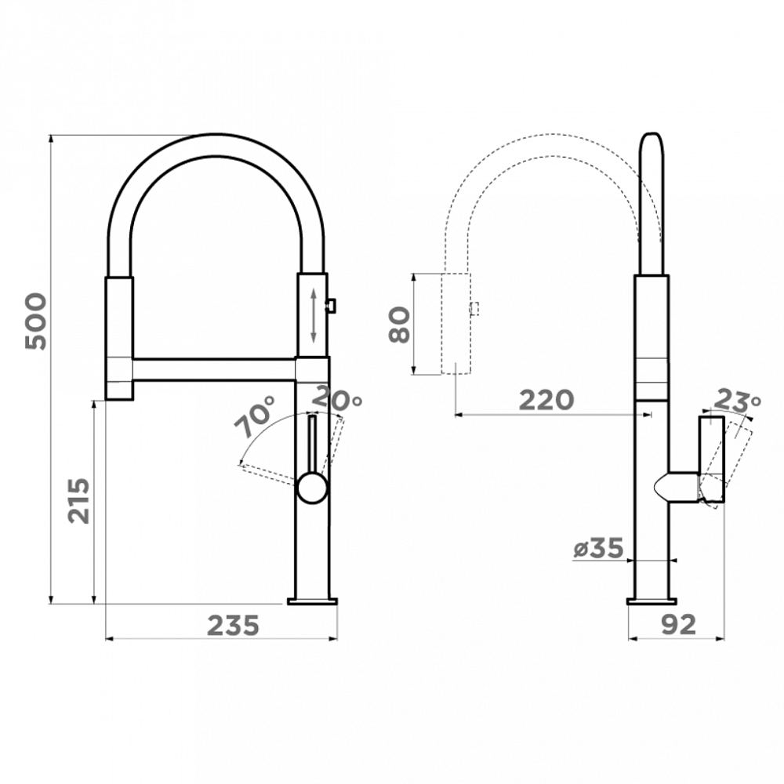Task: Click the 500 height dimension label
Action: [36, 321]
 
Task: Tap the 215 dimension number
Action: [79, 501]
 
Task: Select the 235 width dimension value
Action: [234, 625]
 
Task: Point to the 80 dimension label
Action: [400, 325]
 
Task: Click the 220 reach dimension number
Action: [546, 400]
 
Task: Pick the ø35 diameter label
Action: [598, 548]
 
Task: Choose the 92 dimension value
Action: [678, 625]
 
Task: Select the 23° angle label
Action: [736, 400]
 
